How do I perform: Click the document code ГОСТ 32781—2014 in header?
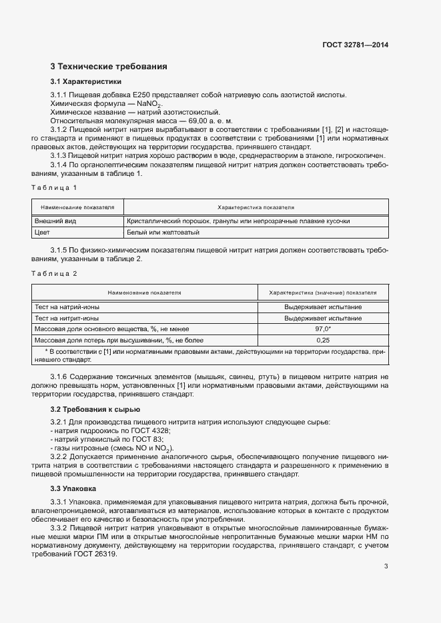(355, 45)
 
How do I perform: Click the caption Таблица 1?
(55, 187)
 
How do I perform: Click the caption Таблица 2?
(55, 274)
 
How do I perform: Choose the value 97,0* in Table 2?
(323, 329)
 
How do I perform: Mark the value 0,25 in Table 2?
(323, 340)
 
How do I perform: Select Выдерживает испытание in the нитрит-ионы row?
(323, 318)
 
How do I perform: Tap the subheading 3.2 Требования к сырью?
(95, 408)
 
